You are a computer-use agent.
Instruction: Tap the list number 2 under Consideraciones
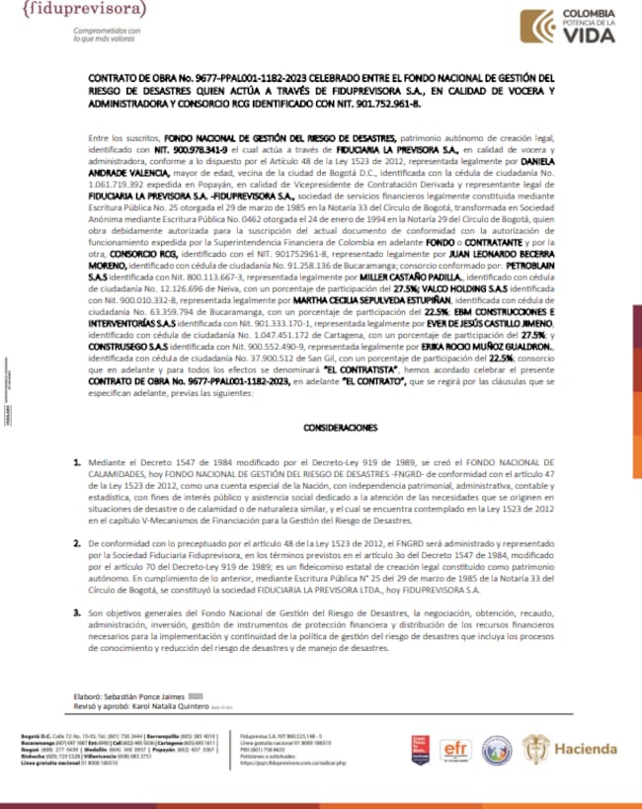pos(78,543)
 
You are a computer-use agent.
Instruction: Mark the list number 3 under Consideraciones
pos(78,612)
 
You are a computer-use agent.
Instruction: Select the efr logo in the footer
pos(455,749)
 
